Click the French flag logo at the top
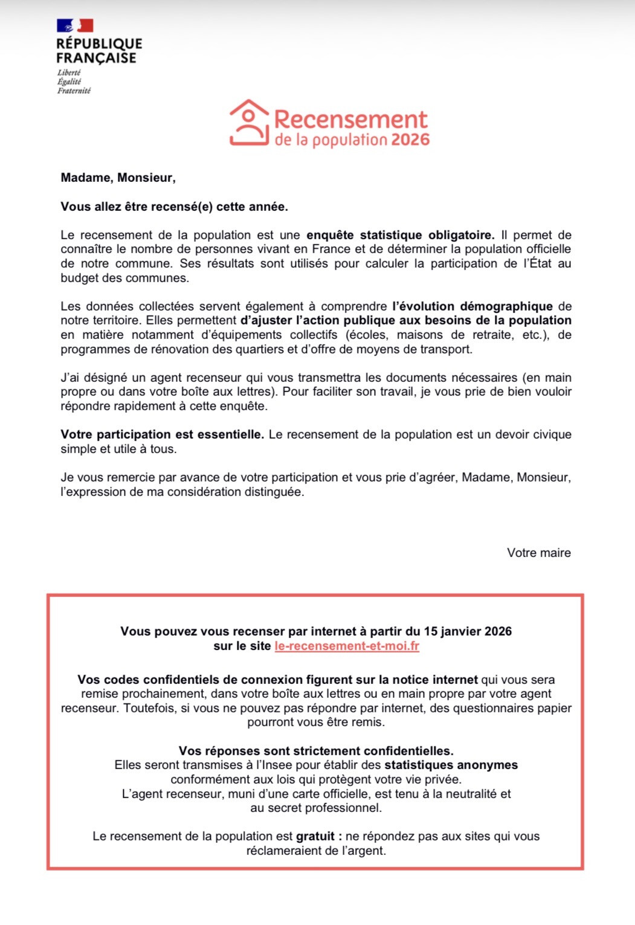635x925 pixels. pos(75,25)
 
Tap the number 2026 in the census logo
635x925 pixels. pos(410,140)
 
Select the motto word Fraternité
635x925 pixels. pos(74,91)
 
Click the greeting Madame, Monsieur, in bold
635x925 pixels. pos(118,178)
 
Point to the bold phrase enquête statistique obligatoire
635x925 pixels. pos(400,235)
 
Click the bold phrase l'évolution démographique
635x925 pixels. pos(472,306)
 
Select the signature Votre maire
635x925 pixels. pos(538,553)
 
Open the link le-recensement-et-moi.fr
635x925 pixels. pos(347,646)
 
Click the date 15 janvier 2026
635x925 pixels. pos(468,631)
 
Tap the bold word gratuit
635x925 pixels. pos(315,836)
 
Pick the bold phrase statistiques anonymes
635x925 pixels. pos(451,765)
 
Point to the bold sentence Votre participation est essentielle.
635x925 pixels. pos(162,434)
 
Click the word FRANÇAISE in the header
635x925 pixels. pos(96,58)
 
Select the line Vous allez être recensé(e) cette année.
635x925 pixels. pos(174,207)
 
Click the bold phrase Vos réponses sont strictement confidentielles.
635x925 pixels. pos(316,751)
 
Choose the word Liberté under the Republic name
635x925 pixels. pos(69,73)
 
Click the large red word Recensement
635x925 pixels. pos(350,120)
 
